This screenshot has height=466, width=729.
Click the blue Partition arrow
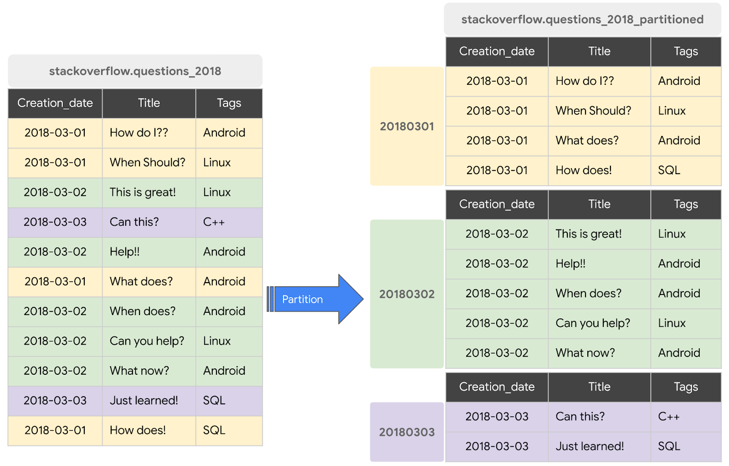pyautogui.click(x=314, y=299)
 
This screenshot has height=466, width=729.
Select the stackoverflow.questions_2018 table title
pyautogui.click(x=135, y=71)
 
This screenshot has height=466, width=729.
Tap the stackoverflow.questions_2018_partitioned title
pyautogui.click(x=582, y=20)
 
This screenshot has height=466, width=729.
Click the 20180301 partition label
pyautogui.click(x=407, y=126)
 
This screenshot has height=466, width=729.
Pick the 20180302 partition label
pyautogui.click(x=407, y=294)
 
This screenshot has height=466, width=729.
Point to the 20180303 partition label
pyautogui.click(x=407, y=432)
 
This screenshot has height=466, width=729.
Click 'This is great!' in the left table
pyautogui.click(x=143, y=192)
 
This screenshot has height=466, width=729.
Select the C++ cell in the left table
pyautogui.click(x=214, y=222)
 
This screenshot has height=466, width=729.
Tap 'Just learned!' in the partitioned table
pyautogui.click(x=590, y=446)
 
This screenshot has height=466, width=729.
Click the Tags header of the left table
pyautogui.click(x=229, y=103)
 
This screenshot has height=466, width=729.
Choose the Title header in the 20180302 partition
pyautogui.click(x=599, y=204)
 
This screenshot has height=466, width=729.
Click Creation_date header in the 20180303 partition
pyautogui.click(x=497, y=387)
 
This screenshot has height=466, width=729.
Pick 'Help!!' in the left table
pyautogui.click(x=124, y=252)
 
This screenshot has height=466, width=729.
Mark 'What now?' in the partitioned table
pyautogui.click(x=585, y=352)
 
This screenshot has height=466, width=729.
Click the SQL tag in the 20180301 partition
pyautogui.click(x=669, y=170)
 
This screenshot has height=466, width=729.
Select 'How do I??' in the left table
pyautogui.click(x=139, y=133)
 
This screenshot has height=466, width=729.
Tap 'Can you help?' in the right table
pyautogui.click(x=592, y=323)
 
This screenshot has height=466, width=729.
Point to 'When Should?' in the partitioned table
pyautogui.click(x=593, y=111)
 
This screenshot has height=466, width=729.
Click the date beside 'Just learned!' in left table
pyautogui.click(x=55, y=400)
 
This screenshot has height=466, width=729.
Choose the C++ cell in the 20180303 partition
pyautogui.click(x=668, y=416)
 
